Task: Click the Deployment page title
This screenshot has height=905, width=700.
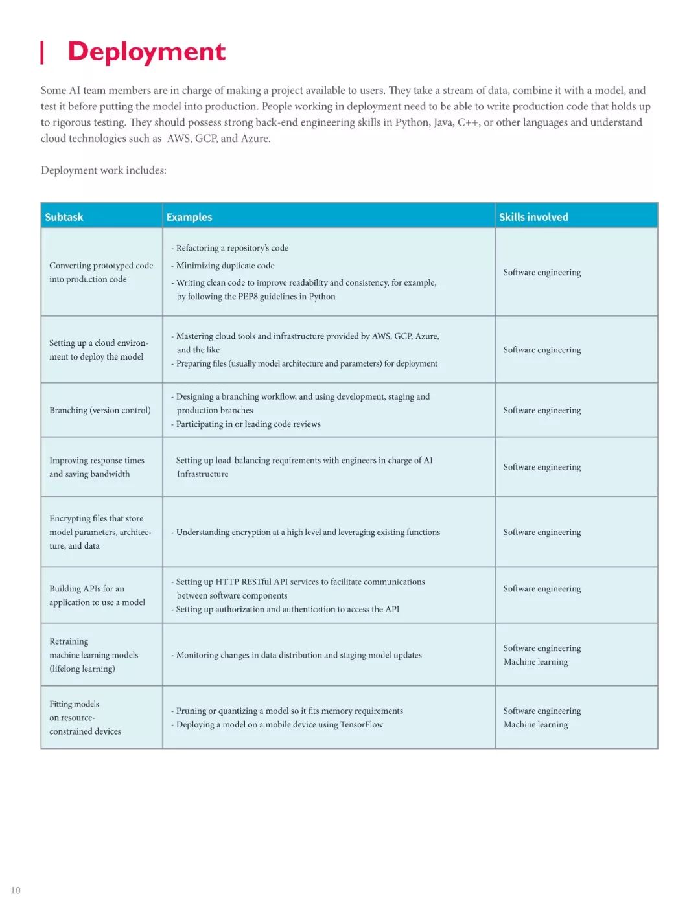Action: tap(146, 52)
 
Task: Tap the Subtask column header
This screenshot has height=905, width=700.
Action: tap(64, 217)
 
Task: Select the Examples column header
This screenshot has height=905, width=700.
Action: tap(189, 217)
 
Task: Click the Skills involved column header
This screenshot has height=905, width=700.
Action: tap(533, 217)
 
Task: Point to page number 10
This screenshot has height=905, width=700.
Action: tap(16, 890)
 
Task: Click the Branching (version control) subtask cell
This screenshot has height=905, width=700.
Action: tap(100, 410)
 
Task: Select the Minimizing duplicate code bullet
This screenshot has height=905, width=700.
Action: tap(225, 266)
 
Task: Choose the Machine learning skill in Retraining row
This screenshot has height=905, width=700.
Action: tap(535, 662)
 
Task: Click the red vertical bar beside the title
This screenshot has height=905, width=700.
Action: tap(42, 52)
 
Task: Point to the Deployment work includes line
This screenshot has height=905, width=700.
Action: tap(104, 170)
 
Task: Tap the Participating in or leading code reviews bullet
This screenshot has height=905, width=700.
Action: tap(248, 424)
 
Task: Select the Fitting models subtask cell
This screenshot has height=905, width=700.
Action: tap(85, 718)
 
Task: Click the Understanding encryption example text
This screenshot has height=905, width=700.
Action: tap(308, 533)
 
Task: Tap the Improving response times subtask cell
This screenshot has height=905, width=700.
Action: tap(97, 467)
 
